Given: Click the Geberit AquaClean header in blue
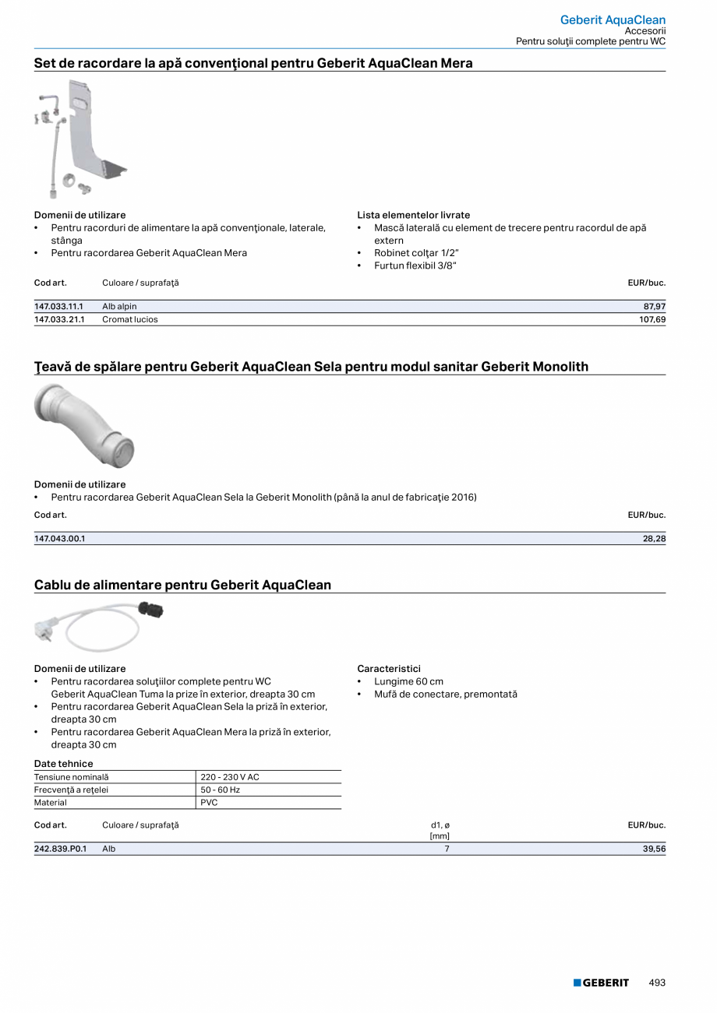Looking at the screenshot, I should coord(613,19).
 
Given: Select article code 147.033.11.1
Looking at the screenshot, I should coord(58,307).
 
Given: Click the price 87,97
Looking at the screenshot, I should coord(654,307).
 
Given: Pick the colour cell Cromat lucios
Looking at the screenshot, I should coord(129,319).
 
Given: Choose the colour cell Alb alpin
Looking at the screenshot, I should coord(119,307).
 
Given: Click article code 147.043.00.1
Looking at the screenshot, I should coord(59,538).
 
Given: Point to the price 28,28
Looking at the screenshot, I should coord(654,538).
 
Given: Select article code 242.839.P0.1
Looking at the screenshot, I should coord(60,849).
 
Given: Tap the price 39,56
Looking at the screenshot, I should coord(654,849).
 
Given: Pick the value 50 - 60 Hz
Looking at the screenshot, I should coord(220,790).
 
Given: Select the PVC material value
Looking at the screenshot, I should coord(209,803).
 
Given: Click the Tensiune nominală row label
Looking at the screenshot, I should coord(72,777).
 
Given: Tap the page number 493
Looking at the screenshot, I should coord(657,983).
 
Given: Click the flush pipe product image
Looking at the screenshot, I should coord(84,425).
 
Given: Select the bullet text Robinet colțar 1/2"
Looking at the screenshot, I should coord(415,253).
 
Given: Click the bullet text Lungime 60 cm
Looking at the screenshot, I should coord(408,681).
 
